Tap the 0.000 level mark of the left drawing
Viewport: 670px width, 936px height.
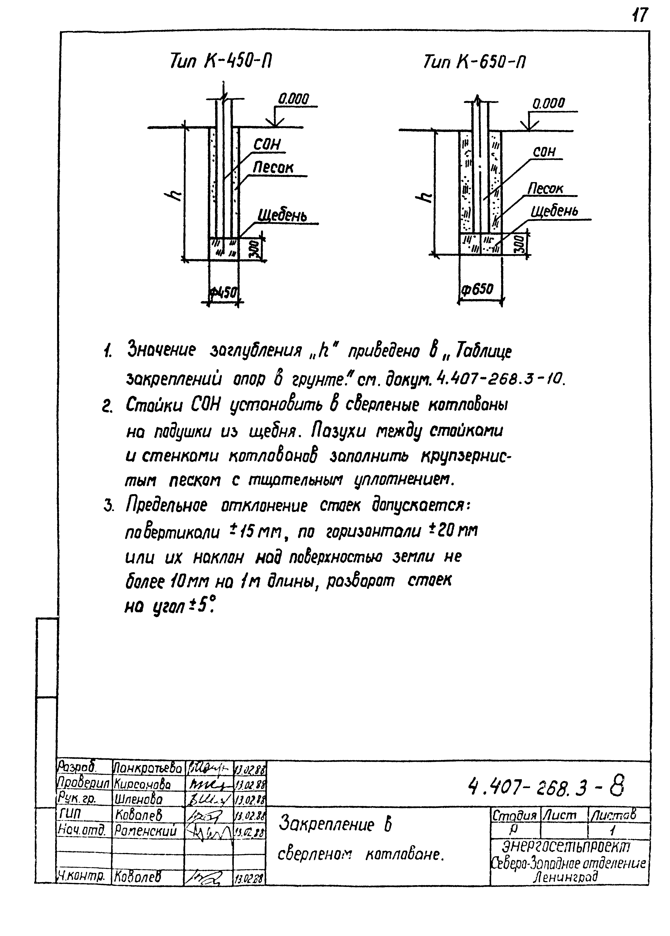tap(293, 99)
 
